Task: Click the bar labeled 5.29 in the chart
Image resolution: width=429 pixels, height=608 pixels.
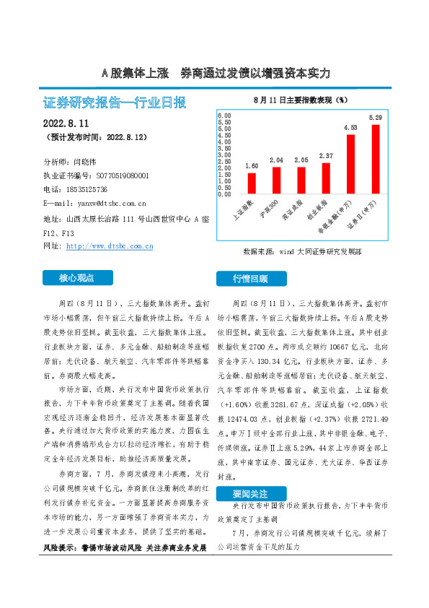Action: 375,159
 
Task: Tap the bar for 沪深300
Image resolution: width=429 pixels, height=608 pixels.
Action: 276,181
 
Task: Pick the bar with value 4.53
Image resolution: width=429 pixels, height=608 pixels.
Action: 350,164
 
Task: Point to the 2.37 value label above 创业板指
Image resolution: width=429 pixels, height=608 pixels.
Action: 326,156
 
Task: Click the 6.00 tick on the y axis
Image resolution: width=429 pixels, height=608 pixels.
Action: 224,116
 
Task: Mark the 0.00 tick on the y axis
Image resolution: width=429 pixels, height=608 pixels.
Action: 224,194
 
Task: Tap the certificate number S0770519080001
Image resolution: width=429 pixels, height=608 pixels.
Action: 123,175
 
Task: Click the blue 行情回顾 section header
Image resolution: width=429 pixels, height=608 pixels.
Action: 250,278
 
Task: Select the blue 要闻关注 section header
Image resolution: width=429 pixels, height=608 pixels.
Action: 250,494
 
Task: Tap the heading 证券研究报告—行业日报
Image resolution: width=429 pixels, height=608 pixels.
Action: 115,103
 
